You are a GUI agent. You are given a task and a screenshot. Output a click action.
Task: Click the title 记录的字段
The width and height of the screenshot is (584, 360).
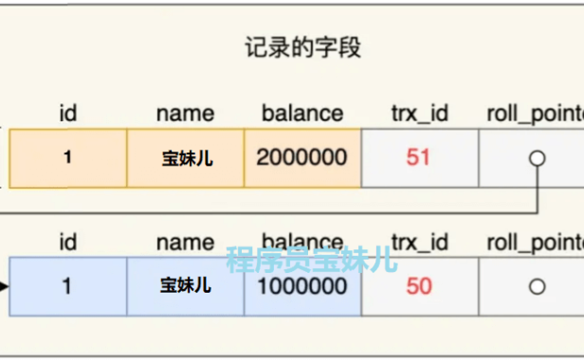[301, 48]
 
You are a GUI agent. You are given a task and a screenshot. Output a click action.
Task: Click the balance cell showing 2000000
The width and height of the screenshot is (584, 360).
[301, 157]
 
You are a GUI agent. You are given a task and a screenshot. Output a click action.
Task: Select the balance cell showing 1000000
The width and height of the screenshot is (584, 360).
[301, 286]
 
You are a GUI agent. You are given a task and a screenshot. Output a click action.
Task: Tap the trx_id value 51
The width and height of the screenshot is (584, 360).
[419, 157]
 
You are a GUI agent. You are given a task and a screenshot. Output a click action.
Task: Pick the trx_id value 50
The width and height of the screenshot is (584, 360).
[419, 286]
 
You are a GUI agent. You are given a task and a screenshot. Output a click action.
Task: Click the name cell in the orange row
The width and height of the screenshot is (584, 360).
[186, 157]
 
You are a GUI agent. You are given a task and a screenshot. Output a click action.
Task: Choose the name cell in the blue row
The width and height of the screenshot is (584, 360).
[186, 286]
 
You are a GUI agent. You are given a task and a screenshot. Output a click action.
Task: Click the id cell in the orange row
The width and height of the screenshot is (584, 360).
[67, 157]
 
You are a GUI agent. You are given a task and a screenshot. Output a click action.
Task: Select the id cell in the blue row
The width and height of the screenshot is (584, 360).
[67, 286]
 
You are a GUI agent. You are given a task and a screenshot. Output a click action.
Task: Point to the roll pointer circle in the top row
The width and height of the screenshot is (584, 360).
[538, 158]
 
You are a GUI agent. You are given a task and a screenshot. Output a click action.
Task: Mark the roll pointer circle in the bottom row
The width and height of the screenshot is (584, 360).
[538, 286]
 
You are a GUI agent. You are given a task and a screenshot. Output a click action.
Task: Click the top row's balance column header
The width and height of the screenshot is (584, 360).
[301, 114]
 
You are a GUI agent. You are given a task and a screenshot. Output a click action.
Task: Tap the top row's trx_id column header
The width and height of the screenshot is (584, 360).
[419, 114]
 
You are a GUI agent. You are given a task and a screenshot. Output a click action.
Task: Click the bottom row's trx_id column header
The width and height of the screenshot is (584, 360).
[419, 243]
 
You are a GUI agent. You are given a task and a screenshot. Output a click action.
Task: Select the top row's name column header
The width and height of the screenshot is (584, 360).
[186, 114]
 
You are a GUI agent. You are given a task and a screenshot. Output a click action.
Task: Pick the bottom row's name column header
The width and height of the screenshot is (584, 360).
[186, 243]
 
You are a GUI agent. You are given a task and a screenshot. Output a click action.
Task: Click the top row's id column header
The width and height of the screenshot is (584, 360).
[67, 114]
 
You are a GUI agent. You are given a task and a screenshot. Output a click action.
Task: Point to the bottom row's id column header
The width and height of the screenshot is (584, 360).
[67, 243]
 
